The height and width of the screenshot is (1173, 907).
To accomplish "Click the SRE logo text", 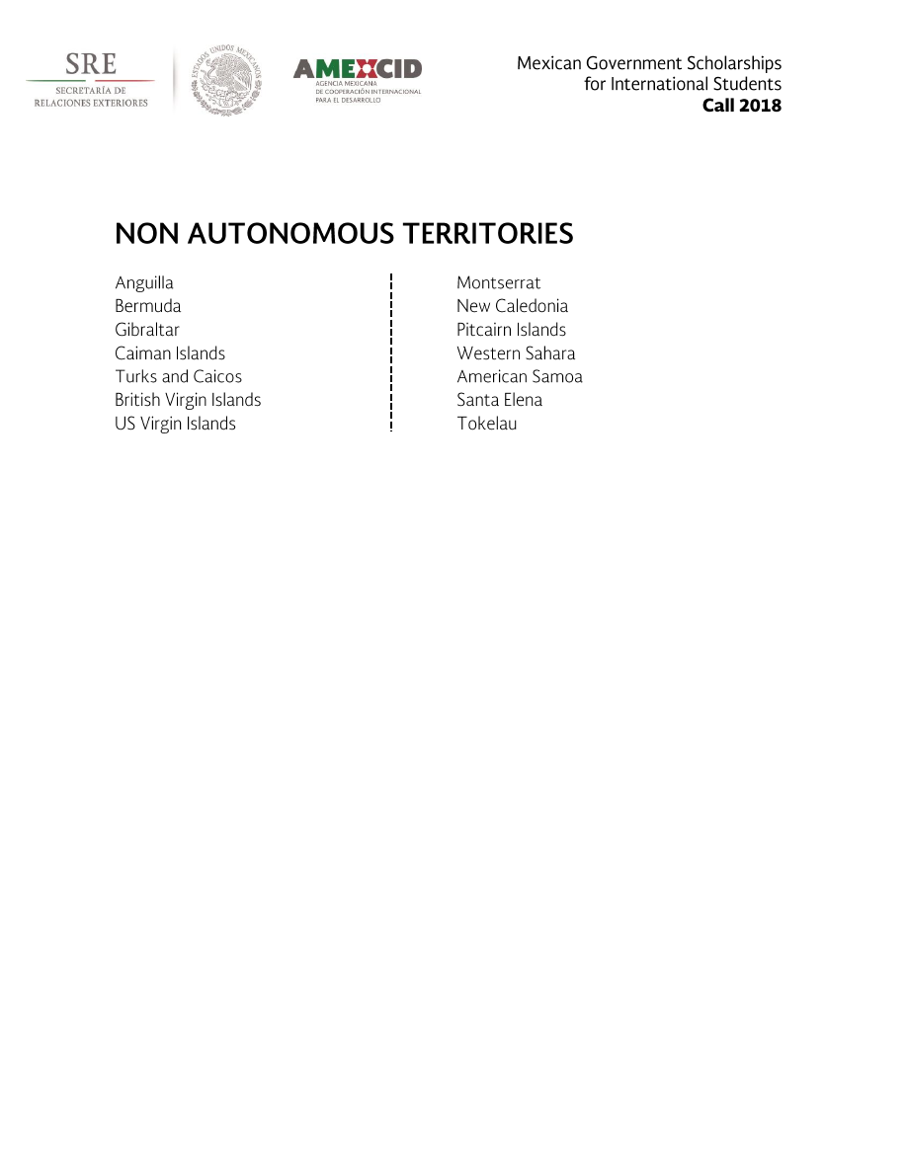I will click(x=91, y=65).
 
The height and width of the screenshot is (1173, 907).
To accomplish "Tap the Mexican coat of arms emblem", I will click(x=226, y=80).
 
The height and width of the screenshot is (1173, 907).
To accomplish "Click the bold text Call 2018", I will click(x=741, y=106).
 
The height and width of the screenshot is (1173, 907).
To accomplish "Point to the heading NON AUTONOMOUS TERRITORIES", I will click(x=344, y=234).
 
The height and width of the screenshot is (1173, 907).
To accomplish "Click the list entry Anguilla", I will click(x=144, y=283).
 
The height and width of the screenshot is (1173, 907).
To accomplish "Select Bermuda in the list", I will click(x=148, y=306).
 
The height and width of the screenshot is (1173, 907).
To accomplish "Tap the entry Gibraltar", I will click(x=147, y=330).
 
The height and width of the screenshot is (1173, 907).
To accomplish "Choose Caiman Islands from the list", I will click(x=170, y=353).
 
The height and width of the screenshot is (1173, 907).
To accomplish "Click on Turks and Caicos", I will click(x=178, y=376).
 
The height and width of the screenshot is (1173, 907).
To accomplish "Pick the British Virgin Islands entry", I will click(x=188, y=400).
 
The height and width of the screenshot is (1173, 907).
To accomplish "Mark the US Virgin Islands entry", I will click(x=175, y=424).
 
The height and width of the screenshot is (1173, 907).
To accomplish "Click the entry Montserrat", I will click(x=499, y=283).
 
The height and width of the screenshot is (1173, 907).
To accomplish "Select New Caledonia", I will click(x=512, y=306).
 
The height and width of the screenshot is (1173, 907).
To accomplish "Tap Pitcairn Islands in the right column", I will click(x=511, y=330).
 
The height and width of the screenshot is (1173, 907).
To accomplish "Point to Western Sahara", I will click(x=516, y=353).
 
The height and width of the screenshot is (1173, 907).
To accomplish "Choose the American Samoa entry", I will click(x=520, y=376).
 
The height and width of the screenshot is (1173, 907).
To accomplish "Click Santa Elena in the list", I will click(x=499, y=400).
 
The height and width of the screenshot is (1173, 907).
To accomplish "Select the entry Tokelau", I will click(x=487, y=424).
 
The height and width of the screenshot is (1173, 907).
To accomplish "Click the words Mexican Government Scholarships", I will click(x=648, y=63).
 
